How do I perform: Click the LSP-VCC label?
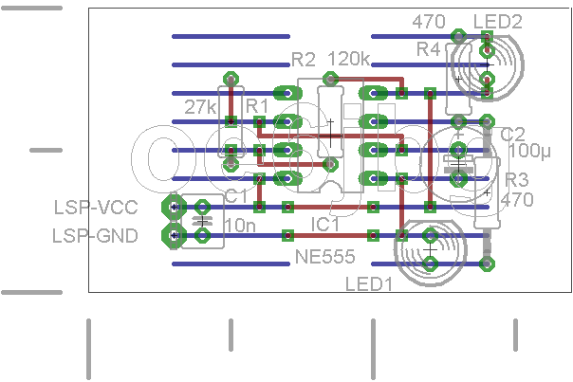pos(96,208)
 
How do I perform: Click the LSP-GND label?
pos(96,236)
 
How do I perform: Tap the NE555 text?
pos(324,257)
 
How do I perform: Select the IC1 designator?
pos(324,225)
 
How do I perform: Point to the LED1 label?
pos(369,284)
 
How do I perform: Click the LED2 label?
pos(498,22)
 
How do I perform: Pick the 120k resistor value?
pos(349,59)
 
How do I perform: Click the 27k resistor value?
pos(200,107)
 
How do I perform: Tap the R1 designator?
pos(257,106)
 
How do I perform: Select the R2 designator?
pos(304,60)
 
